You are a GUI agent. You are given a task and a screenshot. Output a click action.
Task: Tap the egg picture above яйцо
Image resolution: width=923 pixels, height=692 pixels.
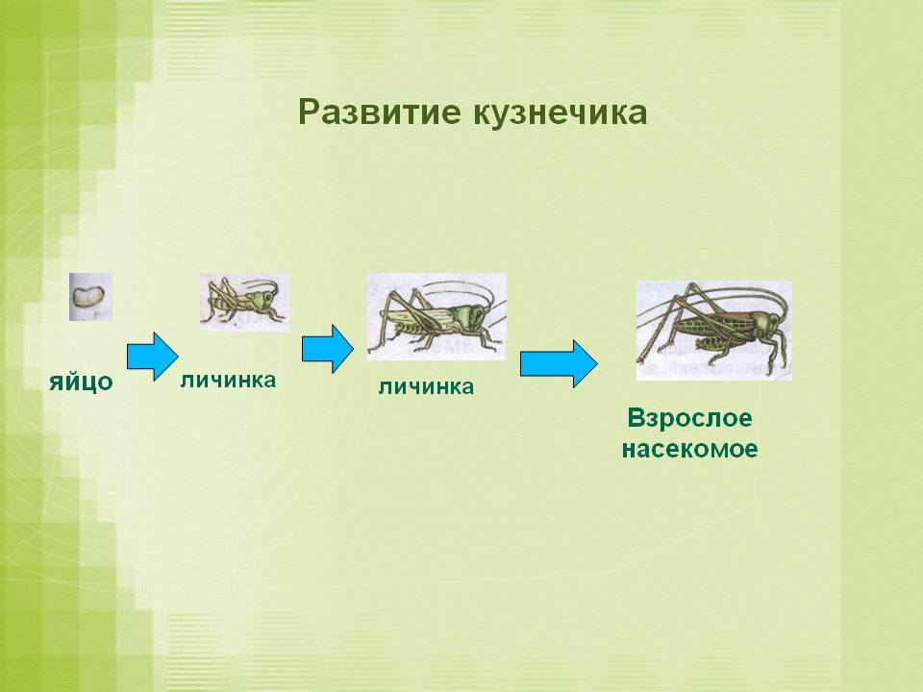click(x=90, y=297)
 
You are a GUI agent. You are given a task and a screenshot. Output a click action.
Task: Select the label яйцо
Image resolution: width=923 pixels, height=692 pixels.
click(x=82, y=383)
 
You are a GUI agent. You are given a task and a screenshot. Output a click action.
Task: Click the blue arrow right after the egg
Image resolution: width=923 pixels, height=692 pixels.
click(x=153, y=356)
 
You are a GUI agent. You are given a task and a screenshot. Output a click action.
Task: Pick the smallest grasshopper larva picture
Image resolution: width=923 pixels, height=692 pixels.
click(x=244, y=302)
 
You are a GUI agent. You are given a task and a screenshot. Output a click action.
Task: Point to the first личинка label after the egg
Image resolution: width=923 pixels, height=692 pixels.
click(x=228, y=380)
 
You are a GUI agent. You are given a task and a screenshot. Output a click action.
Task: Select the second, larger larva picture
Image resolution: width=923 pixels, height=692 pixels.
click(x=437, y=316)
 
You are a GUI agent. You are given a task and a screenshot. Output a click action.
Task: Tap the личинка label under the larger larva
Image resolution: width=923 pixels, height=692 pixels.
click(x=426, y=387)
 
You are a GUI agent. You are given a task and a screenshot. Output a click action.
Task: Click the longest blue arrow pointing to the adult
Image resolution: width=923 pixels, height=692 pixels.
click(x=559, y=364)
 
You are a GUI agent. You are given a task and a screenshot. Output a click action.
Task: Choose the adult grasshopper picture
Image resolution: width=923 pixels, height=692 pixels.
click(x=713, y=330)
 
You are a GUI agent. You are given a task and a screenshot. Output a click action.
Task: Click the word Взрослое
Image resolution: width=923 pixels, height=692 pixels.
click(x=689, y=419)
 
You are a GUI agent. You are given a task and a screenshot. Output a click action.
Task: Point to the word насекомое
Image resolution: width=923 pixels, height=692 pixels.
click(x=689, y=449)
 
